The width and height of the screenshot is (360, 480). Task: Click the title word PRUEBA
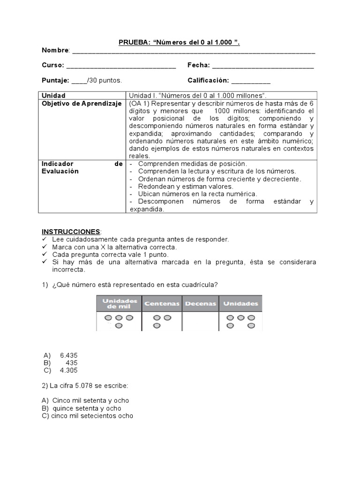[x=133, y=43]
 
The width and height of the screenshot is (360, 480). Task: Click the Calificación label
[x=208, y=81]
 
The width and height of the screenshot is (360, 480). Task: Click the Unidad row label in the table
[x=53, y=96]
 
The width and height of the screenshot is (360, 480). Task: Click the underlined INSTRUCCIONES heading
[x=71, y=232]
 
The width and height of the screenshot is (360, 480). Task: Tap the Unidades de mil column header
[x=119, y=303]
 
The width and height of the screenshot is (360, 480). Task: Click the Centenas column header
[x=162, y=304]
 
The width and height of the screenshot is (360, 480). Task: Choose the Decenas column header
[x=200, y=304]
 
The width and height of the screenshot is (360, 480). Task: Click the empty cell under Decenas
[x=200, y=322]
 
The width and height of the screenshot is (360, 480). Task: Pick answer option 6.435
[x=68, y=355]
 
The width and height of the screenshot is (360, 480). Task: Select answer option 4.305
[x=68, y=370]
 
